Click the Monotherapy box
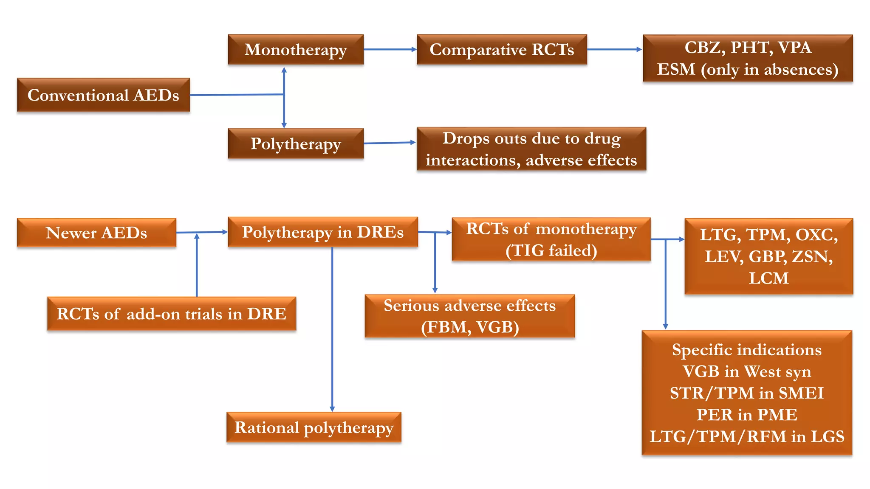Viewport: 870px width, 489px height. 296,50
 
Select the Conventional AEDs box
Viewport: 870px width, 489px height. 103,95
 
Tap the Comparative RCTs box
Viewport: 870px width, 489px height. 502,50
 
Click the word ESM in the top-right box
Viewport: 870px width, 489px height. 676,69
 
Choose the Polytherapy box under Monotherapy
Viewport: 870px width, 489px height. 296,144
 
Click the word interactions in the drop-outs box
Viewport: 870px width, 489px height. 473,160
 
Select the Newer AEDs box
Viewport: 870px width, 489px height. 96,233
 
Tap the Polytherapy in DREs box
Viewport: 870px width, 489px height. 323,232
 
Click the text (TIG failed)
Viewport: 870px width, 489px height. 551,250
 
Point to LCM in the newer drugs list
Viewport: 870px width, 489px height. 768,278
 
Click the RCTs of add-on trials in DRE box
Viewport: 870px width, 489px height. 172,314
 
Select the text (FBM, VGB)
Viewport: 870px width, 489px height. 470,327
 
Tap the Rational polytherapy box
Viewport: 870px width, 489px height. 314,427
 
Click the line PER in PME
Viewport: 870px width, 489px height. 747,415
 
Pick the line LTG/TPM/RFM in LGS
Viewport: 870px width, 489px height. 747,436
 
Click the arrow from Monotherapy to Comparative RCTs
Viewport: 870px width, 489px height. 390,50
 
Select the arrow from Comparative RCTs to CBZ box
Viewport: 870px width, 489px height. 614,50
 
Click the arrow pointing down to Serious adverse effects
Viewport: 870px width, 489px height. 435,263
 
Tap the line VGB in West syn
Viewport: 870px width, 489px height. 747,371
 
